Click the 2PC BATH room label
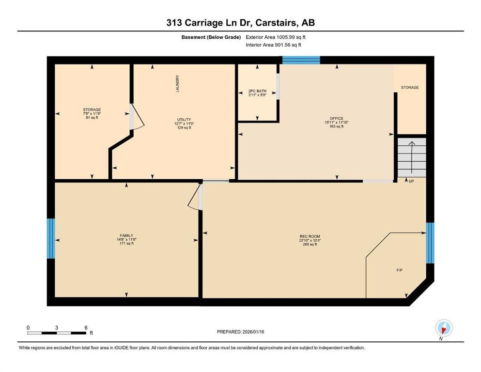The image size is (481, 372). pos(257,91)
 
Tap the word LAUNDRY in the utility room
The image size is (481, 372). pos(177,83)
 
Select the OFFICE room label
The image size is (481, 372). pos(337,118)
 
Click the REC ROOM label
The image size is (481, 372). pos(310,236)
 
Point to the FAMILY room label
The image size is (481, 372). pos(126,235)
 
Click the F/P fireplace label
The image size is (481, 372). pos(400,270)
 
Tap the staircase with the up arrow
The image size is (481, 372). pos(412,157)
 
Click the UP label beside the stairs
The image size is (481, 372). pos(411,181)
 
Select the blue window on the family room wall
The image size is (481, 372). pos(51,238)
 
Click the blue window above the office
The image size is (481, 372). pos(301,60)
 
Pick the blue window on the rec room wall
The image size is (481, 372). pos(430,243)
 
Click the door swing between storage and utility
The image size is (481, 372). pos(137,117)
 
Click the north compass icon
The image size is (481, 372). pos(444,328)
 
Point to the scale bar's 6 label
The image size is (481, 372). pos(86,327)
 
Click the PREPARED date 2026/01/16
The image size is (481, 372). pos(253,332)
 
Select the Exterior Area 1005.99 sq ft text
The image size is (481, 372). pos(276,37)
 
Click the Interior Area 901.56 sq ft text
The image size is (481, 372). pos(273,45)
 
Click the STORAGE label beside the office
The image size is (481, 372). pos(410,87)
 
